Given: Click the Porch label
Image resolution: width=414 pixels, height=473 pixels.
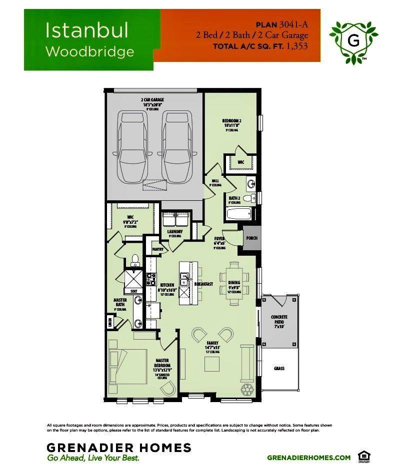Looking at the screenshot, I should [x=252, y=238].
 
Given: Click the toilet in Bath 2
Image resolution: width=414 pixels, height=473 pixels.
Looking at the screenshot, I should [x=248, y=198].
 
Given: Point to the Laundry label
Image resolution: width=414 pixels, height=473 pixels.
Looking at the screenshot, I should [x=175, y=232].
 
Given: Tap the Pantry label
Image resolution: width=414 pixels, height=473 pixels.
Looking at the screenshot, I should [x=157, y=249].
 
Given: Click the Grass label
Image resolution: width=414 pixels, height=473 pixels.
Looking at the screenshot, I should [x=279, y=369].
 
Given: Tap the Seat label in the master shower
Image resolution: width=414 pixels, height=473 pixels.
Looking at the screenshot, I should [x=133, y=291].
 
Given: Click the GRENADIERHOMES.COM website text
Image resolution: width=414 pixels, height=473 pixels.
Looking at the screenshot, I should [x=308, y=457].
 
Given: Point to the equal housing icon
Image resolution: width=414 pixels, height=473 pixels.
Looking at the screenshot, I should [x=362, y=456].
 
